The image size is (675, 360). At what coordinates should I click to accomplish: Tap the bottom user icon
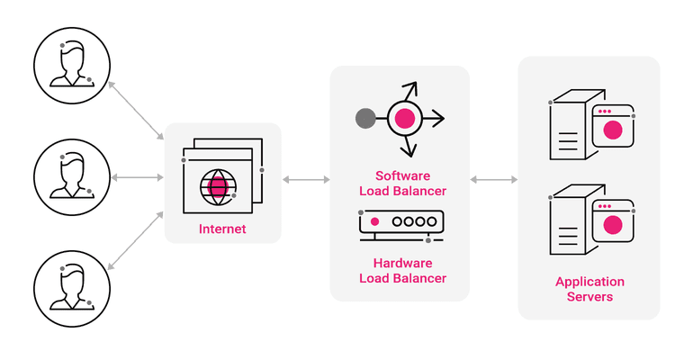point(72,287)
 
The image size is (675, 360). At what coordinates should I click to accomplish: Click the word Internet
point(222,230)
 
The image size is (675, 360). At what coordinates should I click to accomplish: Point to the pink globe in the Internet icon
point(217,186)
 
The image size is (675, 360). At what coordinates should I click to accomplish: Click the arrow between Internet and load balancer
point(306,180)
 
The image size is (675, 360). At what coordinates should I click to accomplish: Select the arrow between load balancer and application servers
point(494,180)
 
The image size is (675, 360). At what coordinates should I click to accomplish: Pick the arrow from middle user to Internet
point(138,177)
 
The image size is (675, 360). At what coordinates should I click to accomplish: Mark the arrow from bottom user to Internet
point(135,242)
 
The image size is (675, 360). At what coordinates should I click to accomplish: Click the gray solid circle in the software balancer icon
point(365,118)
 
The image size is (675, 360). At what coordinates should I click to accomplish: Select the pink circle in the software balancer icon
point(405,118)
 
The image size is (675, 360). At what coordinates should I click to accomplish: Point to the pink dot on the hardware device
point(374,220)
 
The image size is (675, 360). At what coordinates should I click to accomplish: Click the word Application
point(589,282)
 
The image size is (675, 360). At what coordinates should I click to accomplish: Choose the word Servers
point(589,297)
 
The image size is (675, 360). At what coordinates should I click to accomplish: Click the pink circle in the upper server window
point(613,130)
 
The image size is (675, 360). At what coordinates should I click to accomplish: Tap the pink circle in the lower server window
point(613,224)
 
